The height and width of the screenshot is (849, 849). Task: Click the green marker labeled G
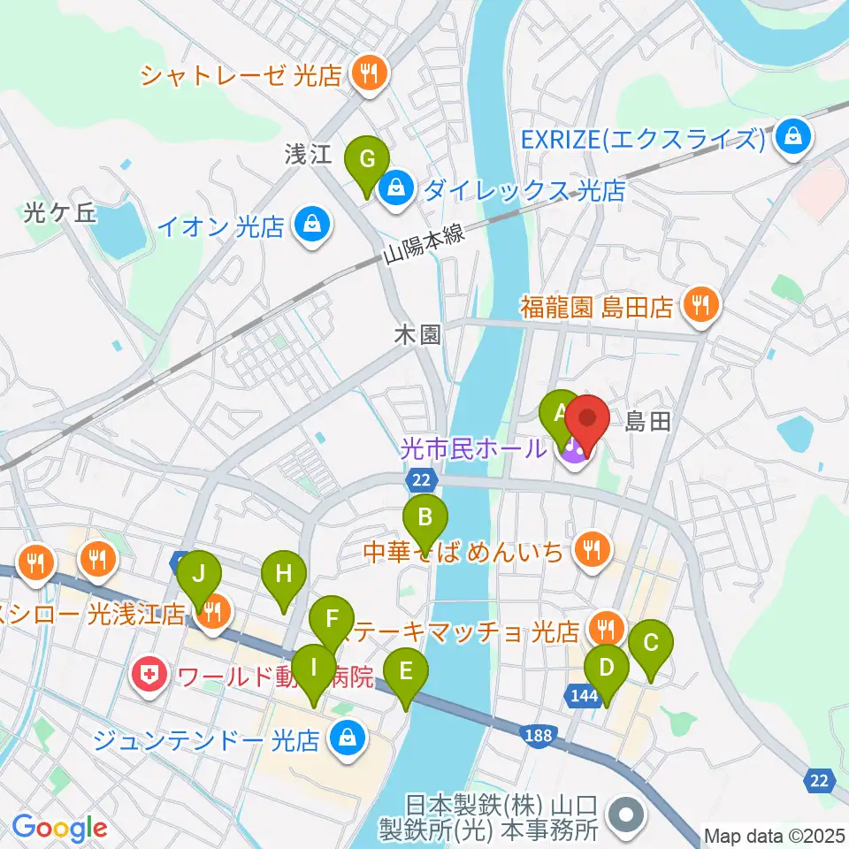[371, 161]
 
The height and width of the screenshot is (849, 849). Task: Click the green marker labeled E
[406, 673]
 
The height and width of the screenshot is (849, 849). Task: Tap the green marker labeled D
[606, 669]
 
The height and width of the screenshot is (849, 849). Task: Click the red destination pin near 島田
[587, 416]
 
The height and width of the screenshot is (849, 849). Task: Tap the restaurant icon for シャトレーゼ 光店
[365, 75]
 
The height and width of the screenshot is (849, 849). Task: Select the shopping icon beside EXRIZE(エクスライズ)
[794, 138]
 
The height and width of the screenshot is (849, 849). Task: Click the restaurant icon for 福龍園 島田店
[702, 306]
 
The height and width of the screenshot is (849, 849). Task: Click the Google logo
[60, 828]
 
